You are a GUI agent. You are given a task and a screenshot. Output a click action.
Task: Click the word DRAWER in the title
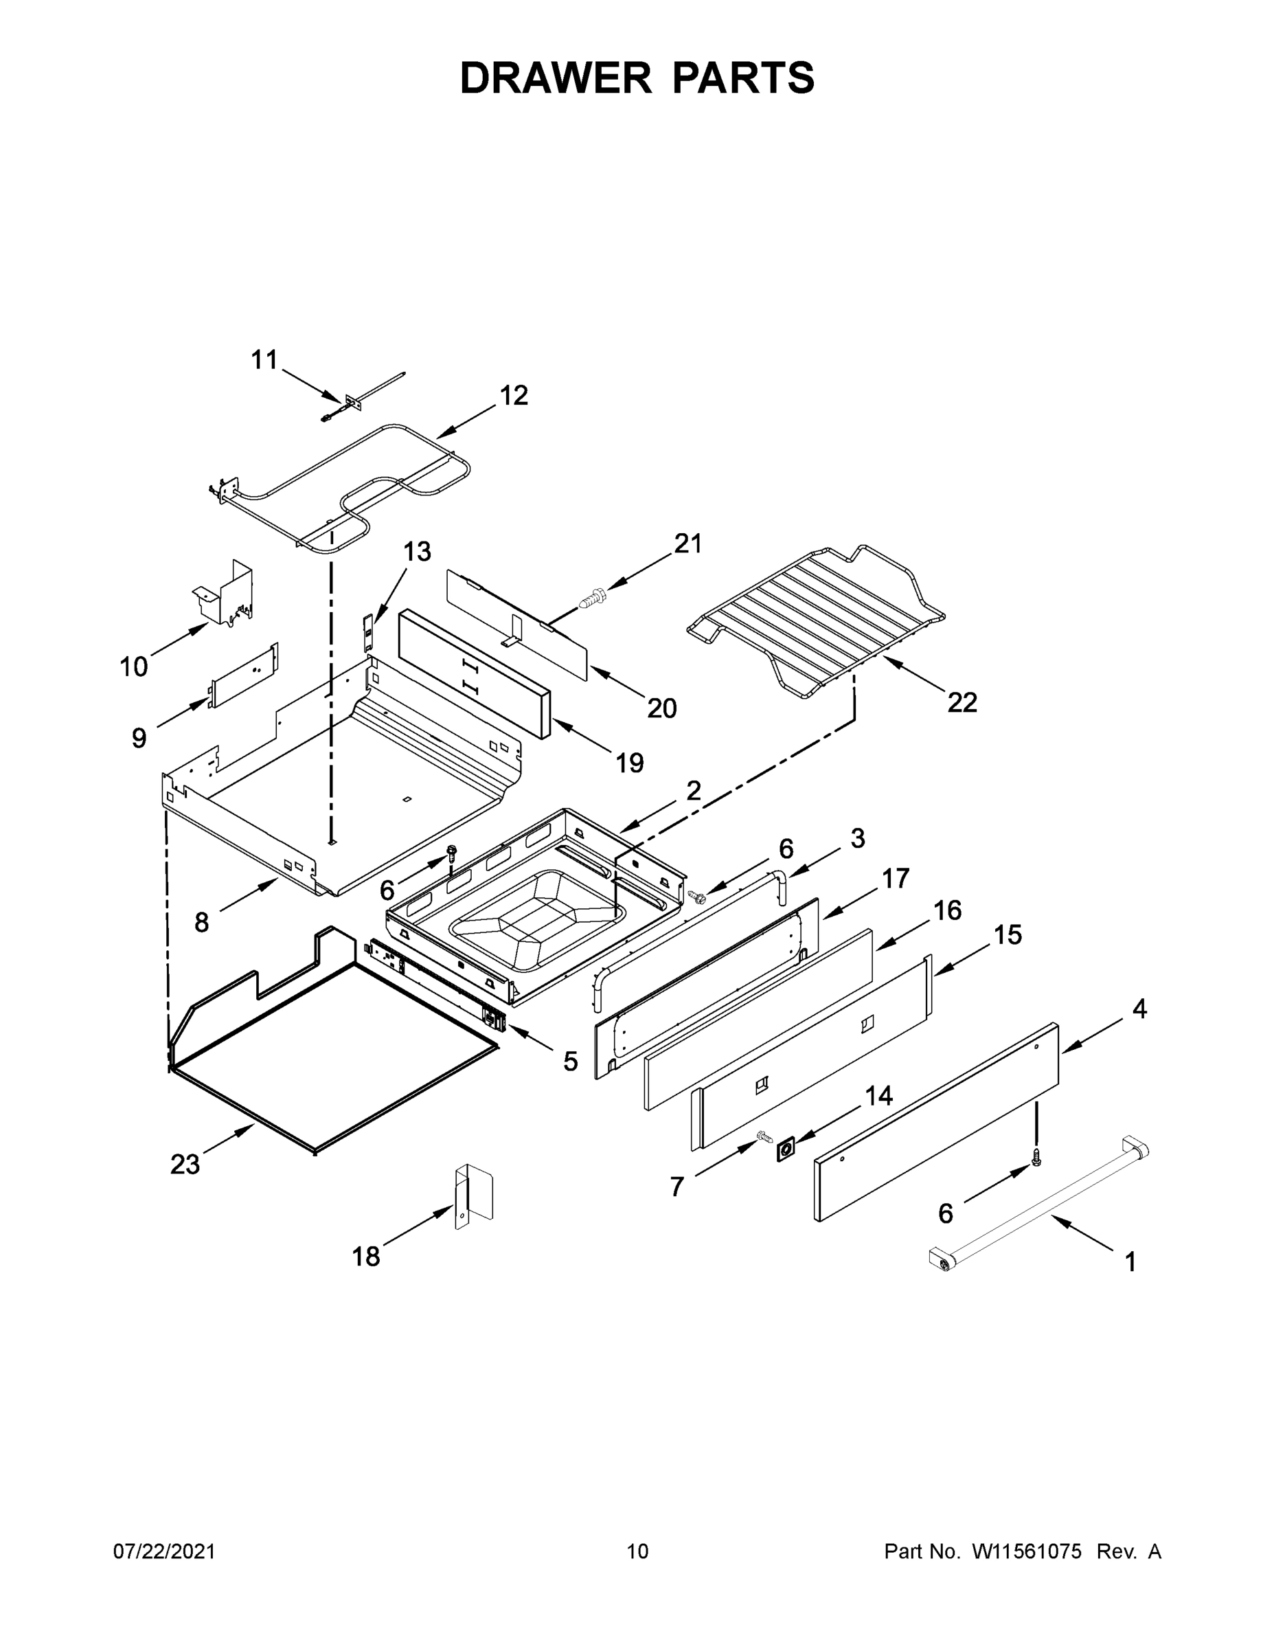pyautogui.click(x=555, y=78)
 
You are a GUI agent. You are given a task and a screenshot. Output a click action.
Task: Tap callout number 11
pyautogui.click(x=264, y=359)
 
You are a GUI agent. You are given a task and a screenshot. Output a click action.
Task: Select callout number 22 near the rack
pyautogui.click(x=962, y=702)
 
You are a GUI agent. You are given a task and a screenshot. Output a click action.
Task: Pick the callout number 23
pyautogui.click(x=185, y=1165)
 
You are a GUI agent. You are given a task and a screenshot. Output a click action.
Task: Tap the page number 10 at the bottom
pyautogui.click(x=637, y=1551)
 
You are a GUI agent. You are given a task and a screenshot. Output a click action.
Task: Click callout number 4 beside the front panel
pyautogui.click(x=1139, y=1008)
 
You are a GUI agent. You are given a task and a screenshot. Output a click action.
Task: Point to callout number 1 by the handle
pyautogui.click(x=1130, y=1261)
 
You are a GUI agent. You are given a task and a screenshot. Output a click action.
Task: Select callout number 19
pyautogui.click(x=630, y=763)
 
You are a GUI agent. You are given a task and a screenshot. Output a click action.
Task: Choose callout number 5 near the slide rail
pyautogui.click(x=570, y=1061)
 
